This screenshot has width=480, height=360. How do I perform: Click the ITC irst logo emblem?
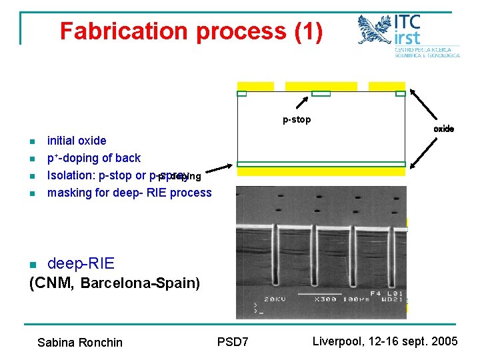(375, 30)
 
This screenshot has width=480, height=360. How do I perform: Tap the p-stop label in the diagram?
(297, 120)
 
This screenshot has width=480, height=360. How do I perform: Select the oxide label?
(443, 129)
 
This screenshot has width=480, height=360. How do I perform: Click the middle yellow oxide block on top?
(321, 86)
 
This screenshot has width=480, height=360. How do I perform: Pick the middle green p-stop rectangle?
(321, 93)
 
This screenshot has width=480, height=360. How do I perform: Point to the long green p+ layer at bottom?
(321, 164)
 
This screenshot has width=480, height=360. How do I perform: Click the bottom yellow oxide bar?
(321, 171)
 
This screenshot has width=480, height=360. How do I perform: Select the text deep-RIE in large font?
(81, 264)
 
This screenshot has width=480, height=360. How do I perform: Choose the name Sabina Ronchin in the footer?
(80, 343)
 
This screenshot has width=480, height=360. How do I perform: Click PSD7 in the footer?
(233, 342)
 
